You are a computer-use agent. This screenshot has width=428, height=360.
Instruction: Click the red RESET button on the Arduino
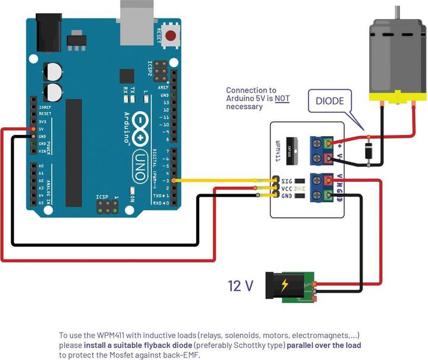click(171, 35)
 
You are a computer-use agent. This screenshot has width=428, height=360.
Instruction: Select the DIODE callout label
click(329, 101)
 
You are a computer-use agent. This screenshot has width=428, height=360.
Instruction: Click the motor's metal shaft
click(395, 11)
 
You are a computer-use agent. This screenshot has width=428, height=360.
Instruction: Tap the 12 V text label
click(241, 286)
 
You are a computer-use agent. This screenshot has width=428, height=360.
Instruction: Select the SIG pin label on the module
click(287, 180)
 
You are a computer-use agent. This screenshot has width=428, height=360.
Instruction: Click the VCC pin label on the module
click(287, 188)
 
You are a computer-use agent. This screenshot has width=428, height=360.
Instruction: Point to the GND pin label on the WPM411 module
click(287, 195)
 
